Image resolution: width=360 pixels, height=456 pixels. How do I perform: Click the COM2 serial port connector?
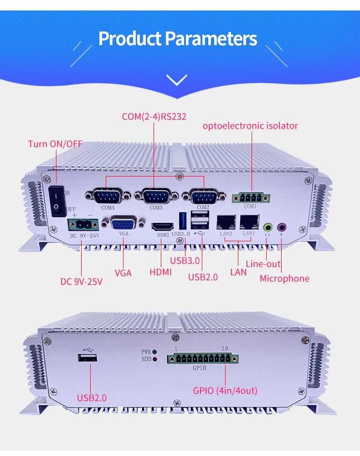pyautogui.click(x=203, y=197)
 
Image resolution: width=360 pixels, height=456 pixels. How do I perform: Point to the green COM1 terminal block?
pyautogui.click(x=250, y=198)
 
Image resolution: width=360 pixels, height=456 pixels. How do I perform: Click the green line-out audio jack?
pyautogui.click(x=268, y=226)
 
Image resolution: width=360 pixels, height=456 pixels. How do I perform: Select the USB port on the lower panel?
pyautogui.click(x=89, y=357)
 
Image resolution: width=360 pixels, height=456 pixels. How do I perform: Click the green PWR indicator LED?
pyautogui.click(x=155, y=352)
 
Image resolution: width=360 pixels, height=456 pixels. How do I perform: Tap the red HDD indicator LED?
pyautogui.click(x=155, y=359)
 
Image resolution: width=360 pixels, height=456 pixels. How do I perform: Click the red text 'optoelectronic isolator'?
pyautogui.click(x=250, y=125)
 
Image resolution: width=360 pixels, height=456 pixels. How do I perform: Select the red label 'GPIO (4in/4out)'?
pyautogui.click(x=225, y=390)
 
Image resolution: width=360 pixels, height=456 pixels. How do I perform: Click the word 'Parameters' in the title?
pyautogui.click(x=211, y=39)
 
